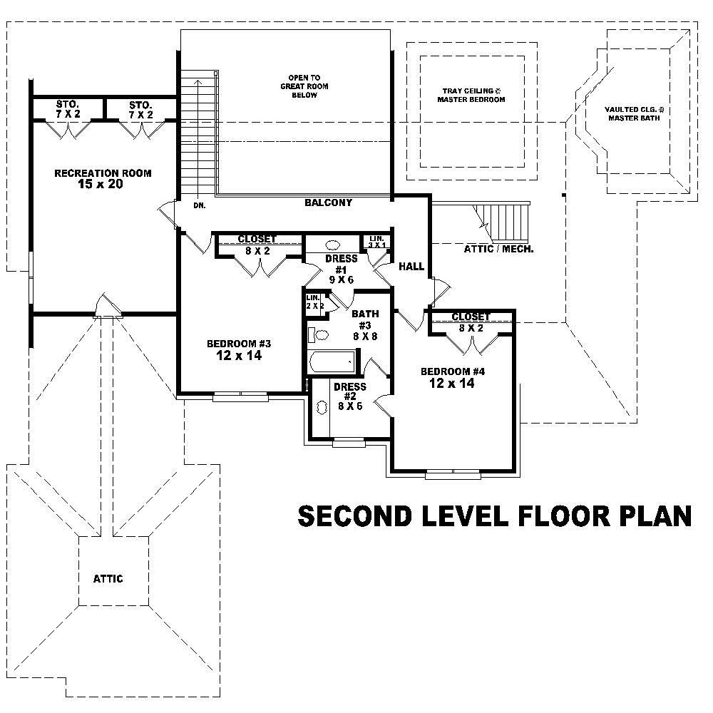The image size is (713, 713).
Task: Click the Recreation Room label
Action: click(x=103, y=173)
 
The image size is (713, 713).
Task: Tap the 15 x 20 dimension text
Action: click(x=103, y=185)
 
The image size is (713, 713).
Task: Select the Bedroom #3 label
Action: click(x=238, y=344)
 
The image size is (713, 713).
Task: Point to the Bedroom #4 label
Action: click(x=452, y=371)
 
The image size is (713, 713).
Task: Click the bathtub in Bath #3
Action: click(x=332, y=361)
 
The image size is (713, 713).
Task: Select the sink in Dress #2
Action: click(x=320, y=407)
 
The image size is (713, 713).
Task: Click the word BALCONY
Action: click(x=328, y=202)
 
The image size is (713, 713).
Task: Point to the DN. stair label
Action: click(x=199, y=205)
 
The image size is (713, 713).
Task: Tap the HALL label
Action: click(x=411, y=266)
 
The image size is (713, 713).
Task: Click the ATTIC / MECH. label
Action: click(x=498, y=250)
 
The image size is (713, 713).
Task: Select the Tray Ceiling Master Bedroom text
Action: click(x=471, y=96)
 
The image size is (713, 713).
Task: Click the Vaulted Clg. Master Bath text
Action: click(x=634, y=113)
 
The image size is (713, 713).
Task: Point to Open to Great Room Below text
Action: click(x=304, y=86)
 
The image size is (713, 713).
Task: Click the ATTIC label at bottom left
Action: click(x=108, y=578)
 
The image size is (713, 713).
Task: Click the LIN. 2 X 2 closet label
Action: click(x=314, y=302)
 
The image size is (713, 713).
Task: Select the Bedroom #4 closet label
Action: click(x=471, y=317)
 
